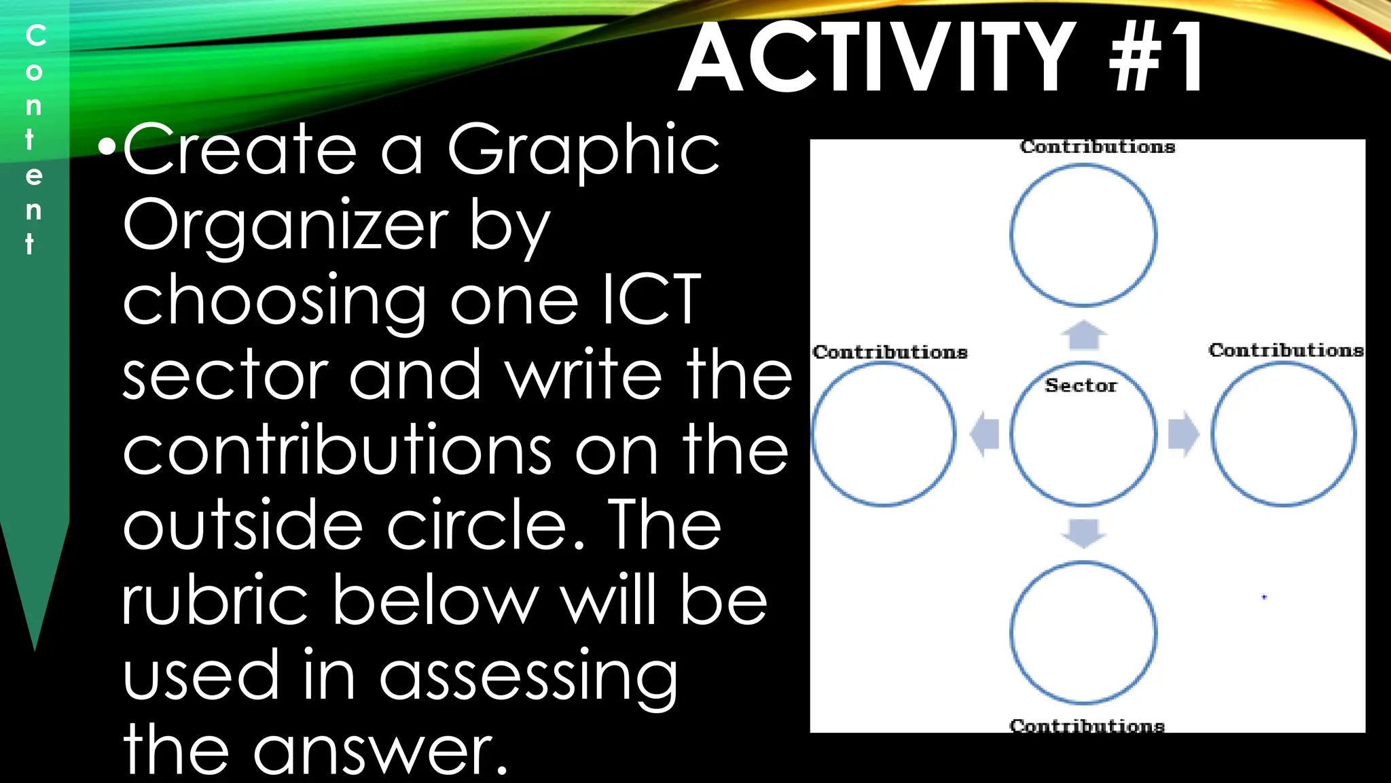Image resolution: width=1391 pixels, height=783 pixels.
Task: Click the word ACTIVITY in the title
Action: click(x=877, y=58)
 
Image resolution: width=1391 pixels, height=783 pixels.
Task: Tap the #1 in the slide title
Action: click(x=1157, y=58)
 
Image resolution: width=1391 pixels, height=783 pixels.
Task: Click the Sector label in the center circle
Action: click(x=1081, y=385)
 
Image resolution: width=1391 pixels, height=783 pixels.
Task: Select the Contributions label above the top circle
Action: click(x=1097, y=147)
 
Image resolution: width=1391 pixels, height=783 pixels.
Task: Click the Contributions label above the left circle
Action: click(x=890, y=352)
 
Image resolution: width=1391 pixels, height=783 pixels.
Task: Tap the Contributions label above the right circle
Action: click(x=1286, y=350)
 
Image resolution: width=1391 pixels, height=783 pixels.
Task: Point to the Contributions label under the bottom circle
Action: click(x=1087, y=725)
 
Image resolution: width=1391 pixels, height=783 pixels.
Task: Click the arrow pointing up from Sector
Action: click(x=1083, y=334)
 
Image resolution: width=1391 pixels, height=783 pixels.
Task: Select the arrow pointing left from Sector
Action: click(x=985, y=434)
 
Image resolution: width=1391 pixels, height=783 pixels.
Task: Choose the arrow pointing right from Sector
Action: click(x=1183, y=434)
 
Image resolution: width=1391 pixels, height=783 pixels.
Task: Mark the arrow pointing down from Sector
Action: click(x=1083, y=533)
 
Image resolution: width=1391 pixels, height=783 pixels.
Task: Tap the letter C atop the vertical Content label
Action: click(x=35, y=35)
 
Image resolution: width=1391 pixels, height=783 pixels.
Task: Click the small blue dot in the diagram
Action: click(x=1264, y=597)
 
